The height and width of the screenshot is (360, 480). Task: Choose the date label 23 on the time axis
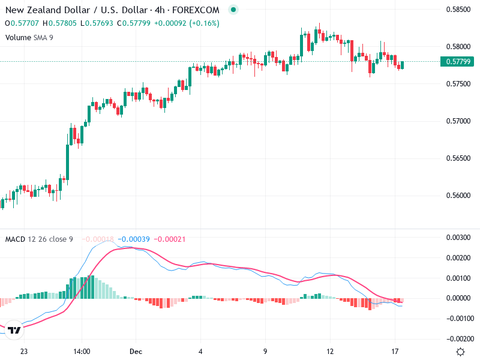click(x=24, y=352)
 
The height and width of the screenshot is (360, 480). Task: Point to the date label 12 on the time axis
click(x=330, y=352)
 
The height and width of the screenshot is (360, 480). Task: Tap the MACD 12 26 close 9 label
click(x=39, y=239)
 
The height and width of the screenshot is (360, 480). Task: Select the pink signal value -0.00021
click(x=170, y=239)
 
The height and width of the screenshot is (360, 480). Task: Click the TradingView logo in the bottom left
click(x=15, y=330)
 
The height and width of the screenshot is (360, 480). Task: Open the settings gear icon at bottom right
click(x=460, y=352)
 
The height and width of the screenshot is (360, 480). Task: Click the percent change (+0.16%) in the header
click(x=205, y=23)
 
